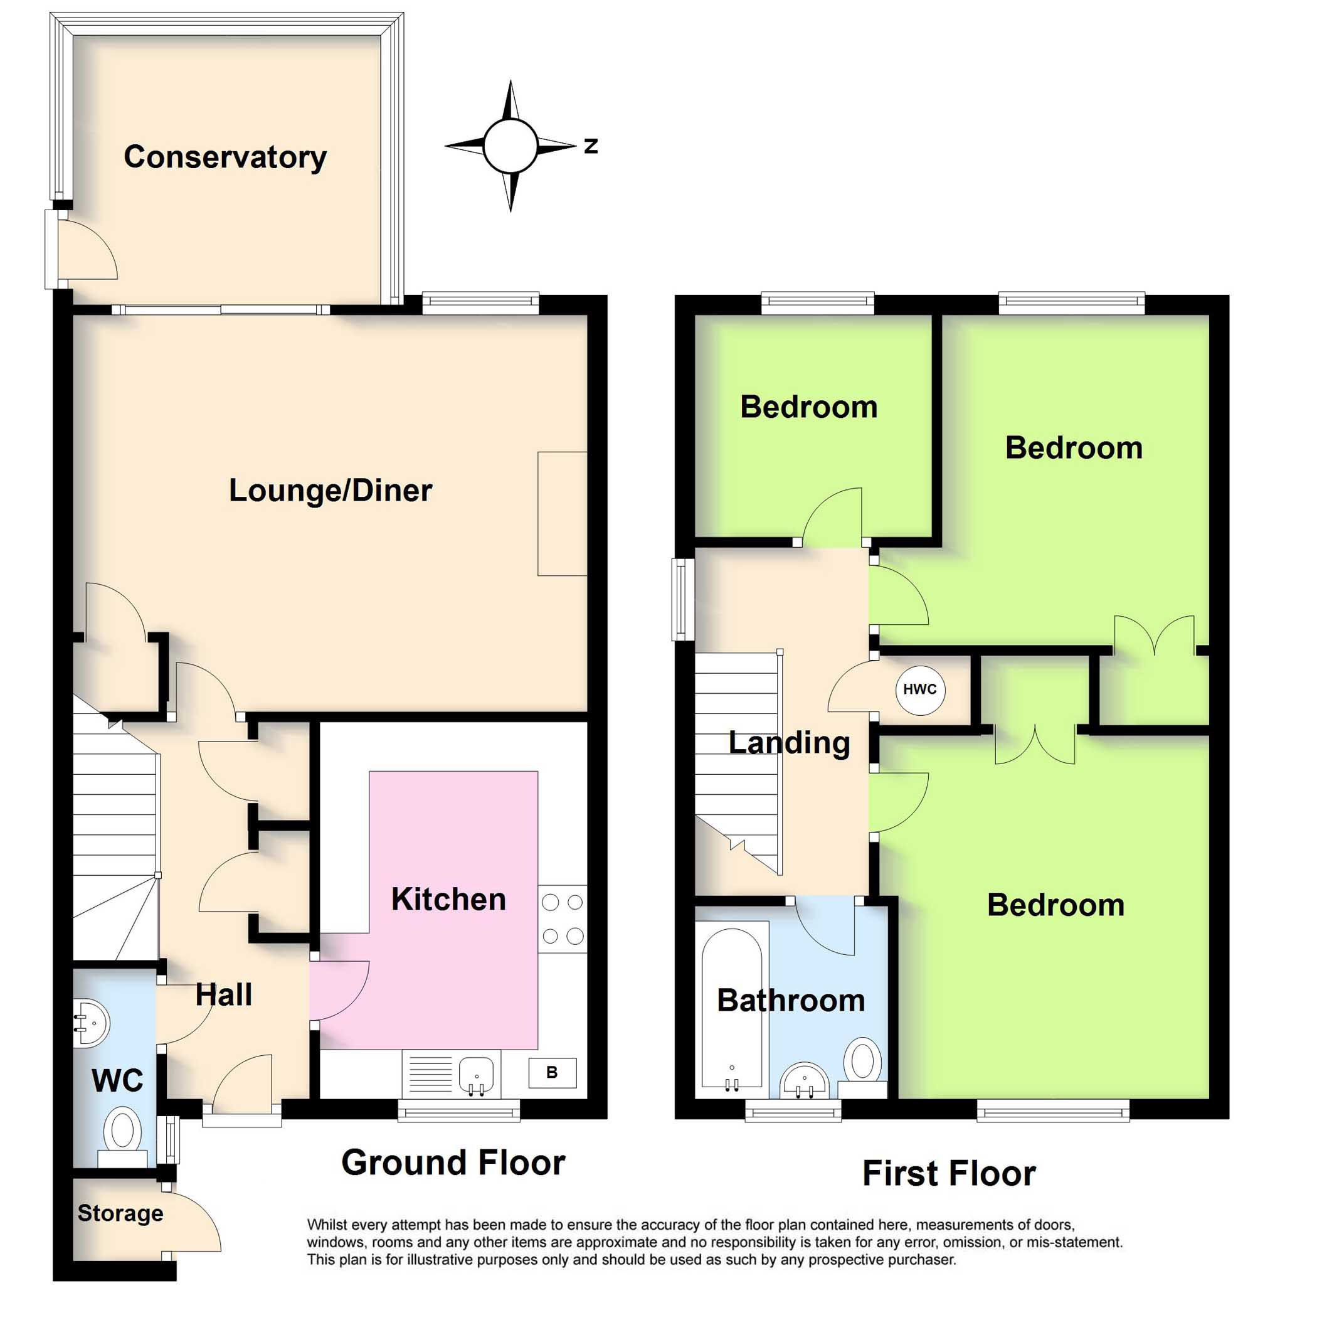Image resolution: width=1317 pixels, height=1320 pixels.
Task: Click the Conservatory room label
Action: point(225,157)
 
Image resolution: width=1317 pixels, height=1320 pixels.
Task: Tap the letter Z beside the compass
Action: point(591,146)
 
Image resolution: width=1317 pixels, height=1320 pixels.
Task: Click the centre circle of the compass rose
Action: point(510,146)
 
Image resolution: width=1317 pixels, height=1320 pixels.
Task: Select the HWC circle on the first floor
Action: point(919,690)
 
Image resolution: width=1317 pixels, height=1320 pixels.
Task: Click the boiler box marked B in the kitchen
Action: point(552,1073)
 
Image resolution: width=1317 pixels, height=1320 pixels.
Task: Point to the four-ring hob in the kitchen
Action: point(562,919)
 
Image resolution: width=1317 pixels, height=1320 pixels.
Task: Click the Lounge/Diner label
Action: point(330,491)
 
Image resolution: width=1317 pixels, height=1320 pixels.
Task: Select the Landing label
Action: point(789,743)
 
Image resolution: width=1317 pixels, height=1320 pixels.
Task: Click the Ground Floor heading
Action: point(453,1163)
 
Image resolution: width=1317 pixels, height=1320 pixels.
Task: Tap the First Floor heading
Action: point(949,1174)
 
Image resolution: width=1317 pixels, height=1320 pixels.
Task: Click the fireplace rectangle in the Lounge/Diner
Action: point(561,513)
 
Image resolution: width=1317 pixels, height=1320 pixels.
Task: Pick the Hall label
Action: point(223,995)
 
